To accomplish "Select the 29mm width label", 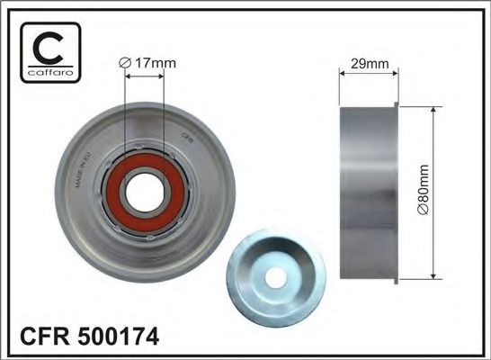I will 369,64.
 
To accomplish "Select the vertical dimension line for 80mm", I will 434,192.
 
